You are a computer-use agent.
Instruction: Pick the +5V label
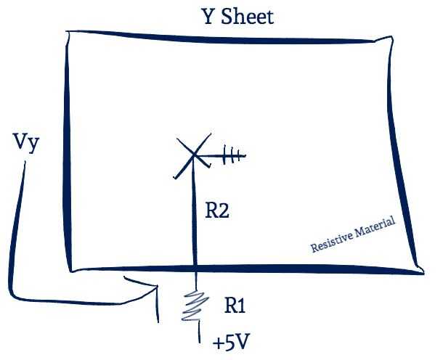coord(232,342)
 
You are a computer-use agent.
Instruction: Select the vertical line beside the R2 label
coord(195,218)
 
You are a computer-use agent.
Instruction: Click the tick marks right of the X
coord(232,155)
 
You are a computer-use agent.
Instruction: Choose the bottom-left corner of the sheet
coord(71,269)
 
